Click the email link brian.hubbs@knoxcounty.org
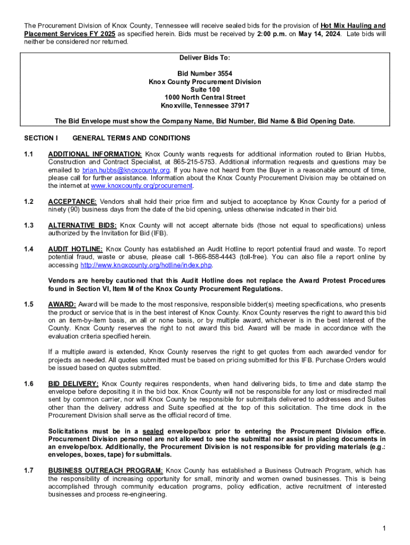(x=126, y=170)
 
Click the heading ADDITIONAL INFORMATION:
(x=95, y=154)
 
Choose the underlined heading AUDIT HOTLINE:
(x=75, y=249)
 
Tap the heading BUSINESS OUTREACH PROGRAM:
(x=105, y=470)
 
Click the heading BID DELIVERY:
(x=73, y=384)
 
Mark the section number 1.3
(x=29, y=226)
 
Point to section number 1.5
(x=29, y=304)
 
